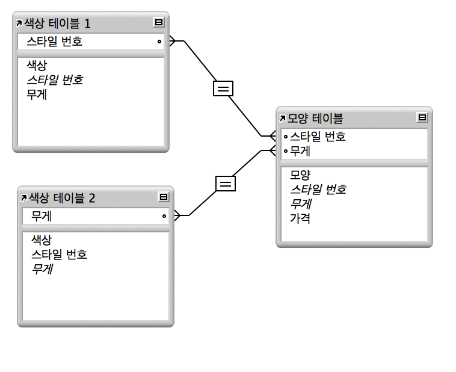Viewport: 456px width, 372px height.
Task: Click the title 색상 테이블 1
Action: point(57,23)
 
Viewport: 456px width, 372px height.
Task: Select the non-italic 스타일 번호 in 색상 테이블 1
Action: point(54,42)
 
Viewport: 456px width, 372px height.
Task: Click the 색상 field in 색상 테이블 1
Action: point(37,65)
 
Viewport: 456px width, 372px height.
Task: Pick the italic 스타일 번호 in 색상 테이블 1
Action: point(54,79)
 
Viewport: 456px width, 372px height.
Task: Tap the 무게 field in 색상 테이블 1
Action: point(37,94)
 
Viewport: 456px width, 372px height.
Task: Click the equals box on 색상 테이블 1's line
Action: point(223,88)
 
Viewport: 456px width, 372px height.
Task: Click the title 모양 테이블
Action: point(316,118)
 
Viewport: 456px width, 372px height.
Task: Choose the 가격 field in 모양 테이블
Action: point(300,218)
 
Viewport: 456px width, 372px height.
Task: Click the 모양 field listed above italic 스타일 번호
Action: point(300,175)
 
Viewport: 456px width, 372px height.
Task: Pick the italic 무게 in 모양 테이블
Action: point(300,203)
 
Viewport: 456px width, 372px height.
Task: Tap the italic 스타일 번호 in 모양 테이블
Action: point(318,189)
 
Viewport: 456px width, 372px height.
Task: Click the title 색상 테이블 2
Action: point(62,197)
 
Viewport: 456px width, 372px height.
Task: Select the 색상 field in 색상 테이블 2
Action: point(42,240)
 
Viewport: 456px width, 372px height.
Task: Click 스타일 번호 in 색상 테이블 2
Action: point(59,254)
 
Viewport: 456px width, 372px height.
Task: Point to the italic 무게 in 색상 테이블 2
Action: point(42,268)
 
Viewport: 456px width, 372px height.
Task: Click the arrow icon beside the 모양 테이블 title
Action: point(283,119)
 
